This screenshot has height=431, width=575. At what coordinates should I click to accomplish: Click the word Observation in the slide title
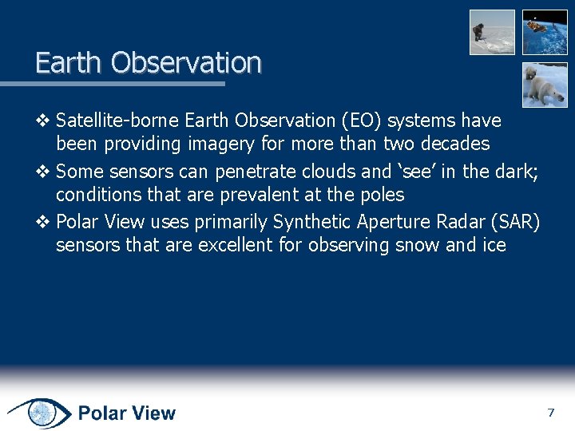(x=186, y=62)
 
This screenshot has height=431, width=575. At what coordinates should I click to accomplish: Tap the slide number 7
(x=550, y=413)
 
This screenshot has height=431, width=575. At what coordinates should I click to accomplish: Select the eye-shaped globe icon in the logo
(x=39, y=413)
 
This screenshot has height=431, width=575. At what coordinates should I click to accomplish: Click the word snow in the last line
(x=418, y=246)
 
